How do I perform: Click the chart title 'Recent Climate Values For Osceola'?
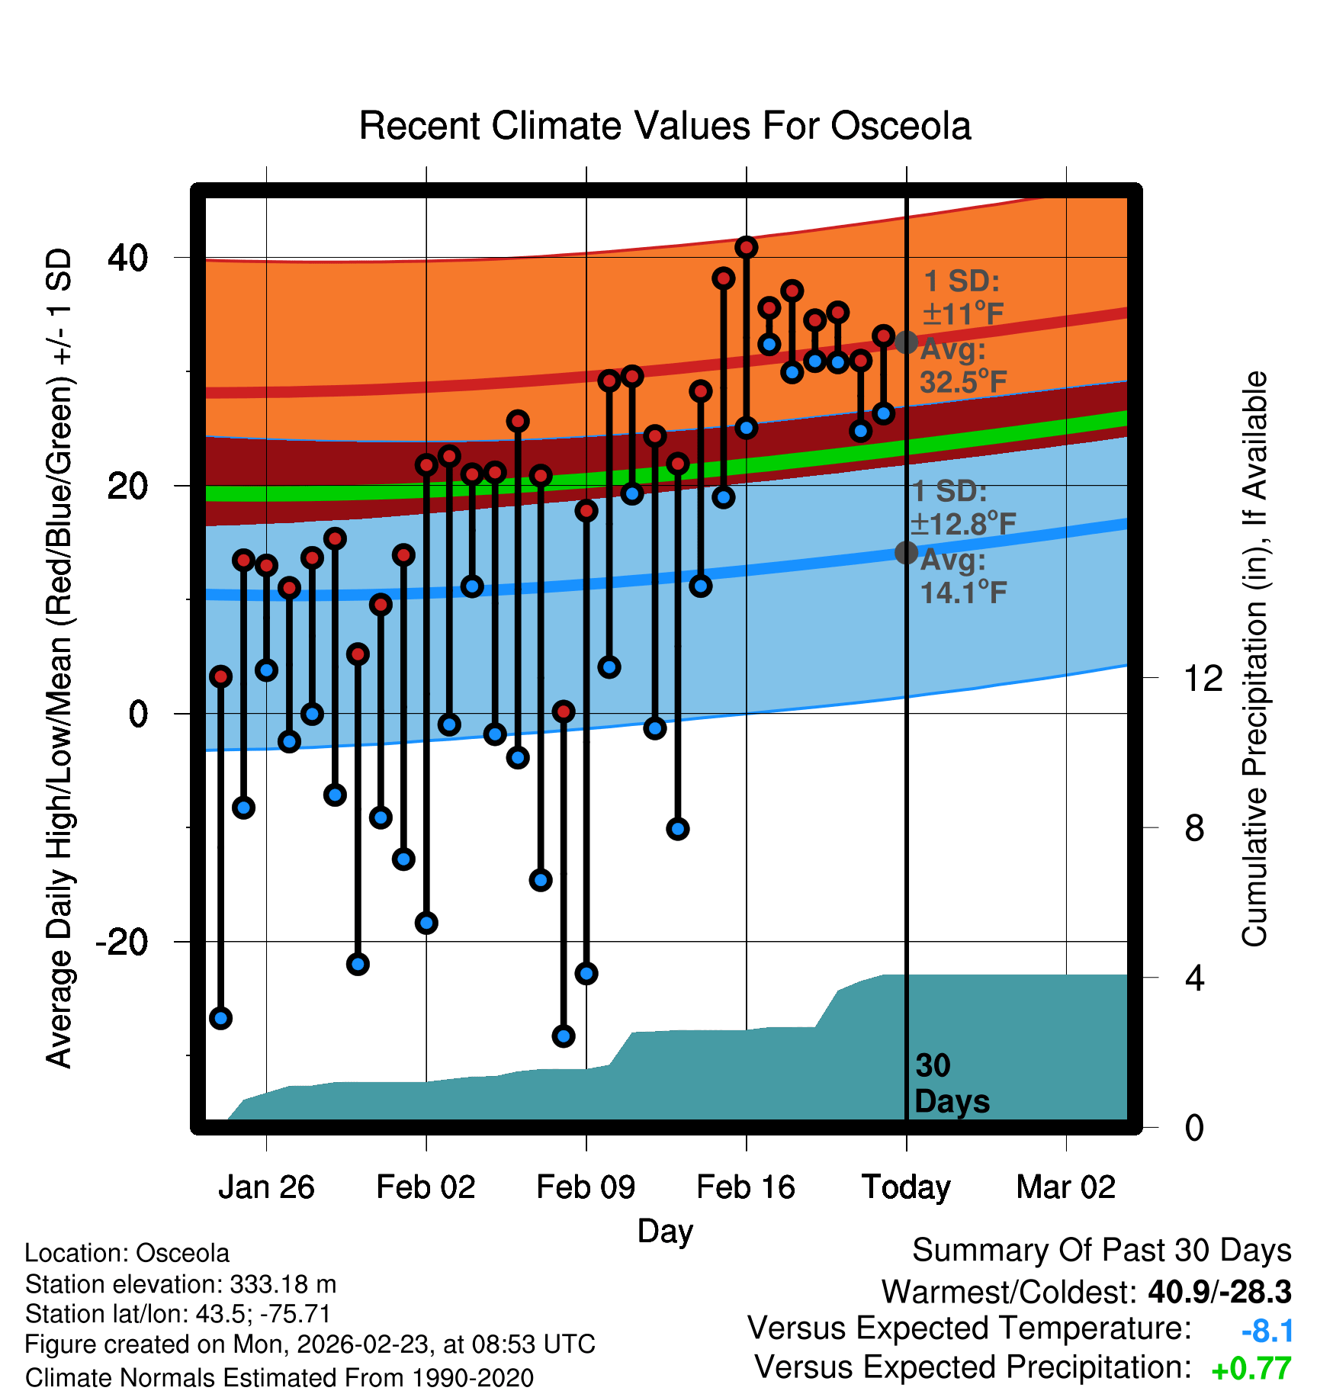(x=665, y=127)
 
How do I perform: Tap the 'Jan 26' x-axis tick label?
(x=266, y=1187)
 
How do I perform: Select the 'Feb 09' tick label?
(x=586, y=1187)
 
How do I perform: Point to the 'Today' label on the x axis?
(x=906, y=1187)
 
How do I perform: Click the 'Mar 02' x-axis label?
(x=1066, y=1187)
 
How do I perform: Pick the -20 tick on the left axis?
(x=122, y=943)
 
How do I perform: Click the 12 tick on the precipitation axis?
(x=1203, y=678)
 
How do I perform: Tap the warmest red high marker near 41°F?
(x=747, y=247)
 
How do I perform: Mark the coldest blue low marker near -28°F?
(x=564, y=1036)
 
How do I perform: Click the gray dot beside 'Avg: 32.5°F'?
(x=906, y=342)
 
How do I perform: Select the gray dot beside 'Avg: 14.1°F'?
(x=906, y=553)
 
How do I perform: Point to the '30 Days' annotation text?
(x=951, y=1084)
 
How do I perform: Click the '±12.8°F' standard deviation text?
(x=964, y=525)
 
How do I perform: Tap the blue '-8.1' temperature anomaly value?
(x=1267, y=1331)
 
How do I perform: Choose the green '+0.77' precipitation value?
(x=1251, y=1370)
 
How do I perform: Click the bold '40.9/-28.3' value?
(x=1219, y=1292)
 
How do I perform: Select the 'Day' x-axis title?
(x=665, y=1231)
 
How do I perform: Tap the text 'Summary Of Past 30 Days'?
(x=1101, y=1251)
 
